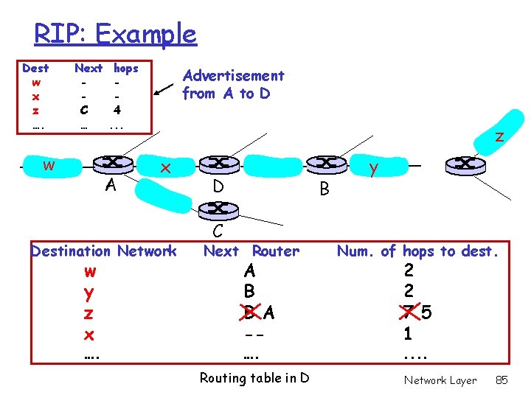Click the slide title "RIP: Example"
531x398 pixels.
(115, 34)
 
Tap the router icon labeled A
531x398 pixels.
(112, 164)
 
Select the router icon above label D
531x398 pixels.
(218, 163)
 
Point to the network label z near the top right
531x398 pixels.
(499, 136)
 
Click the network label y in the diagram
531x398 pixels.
(374, 169)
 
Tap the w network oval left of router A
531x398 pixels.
(49, 165)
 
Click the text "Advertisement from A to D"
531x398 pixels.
(233, 84)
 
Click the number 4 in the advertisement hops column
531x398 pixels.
(116, 110)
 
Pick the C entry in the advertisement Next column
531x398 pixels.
(84, 110)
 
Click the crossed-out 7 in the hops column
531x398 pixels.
(406, 313)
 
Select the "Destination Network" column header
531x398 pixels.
(103, 251)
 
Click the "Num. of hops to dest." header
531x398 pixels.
(418, 251)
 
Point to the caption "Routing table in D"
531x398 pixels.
(254, 378)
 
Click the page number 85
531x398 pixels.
(502, 380)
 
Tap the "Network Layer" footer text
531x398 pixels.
(440, 380)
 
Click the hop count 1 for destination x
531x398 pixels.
(408, 334)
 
